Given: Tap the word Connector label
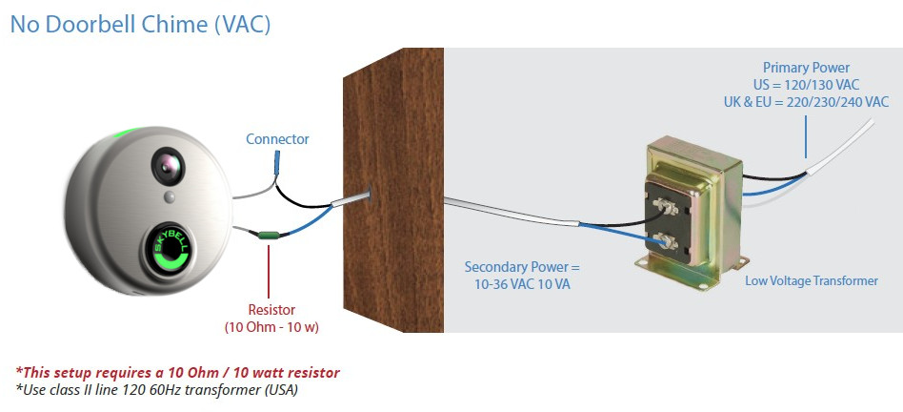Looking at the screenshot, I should coord(277,139).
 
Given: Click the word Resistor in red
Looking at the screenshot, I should coord(272,310).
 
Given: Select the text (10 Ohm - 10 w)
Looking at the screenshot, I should coord(272,327).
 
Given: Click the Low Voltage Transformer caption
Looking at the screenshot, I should coord(812,280).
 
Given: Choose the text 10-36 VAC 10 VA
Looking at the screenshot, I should coord(521,283).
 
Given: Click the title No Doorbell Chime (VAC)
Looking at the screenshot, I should coord(141,24).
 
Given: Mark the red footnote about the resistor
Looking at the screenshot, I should coord(178,371).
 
